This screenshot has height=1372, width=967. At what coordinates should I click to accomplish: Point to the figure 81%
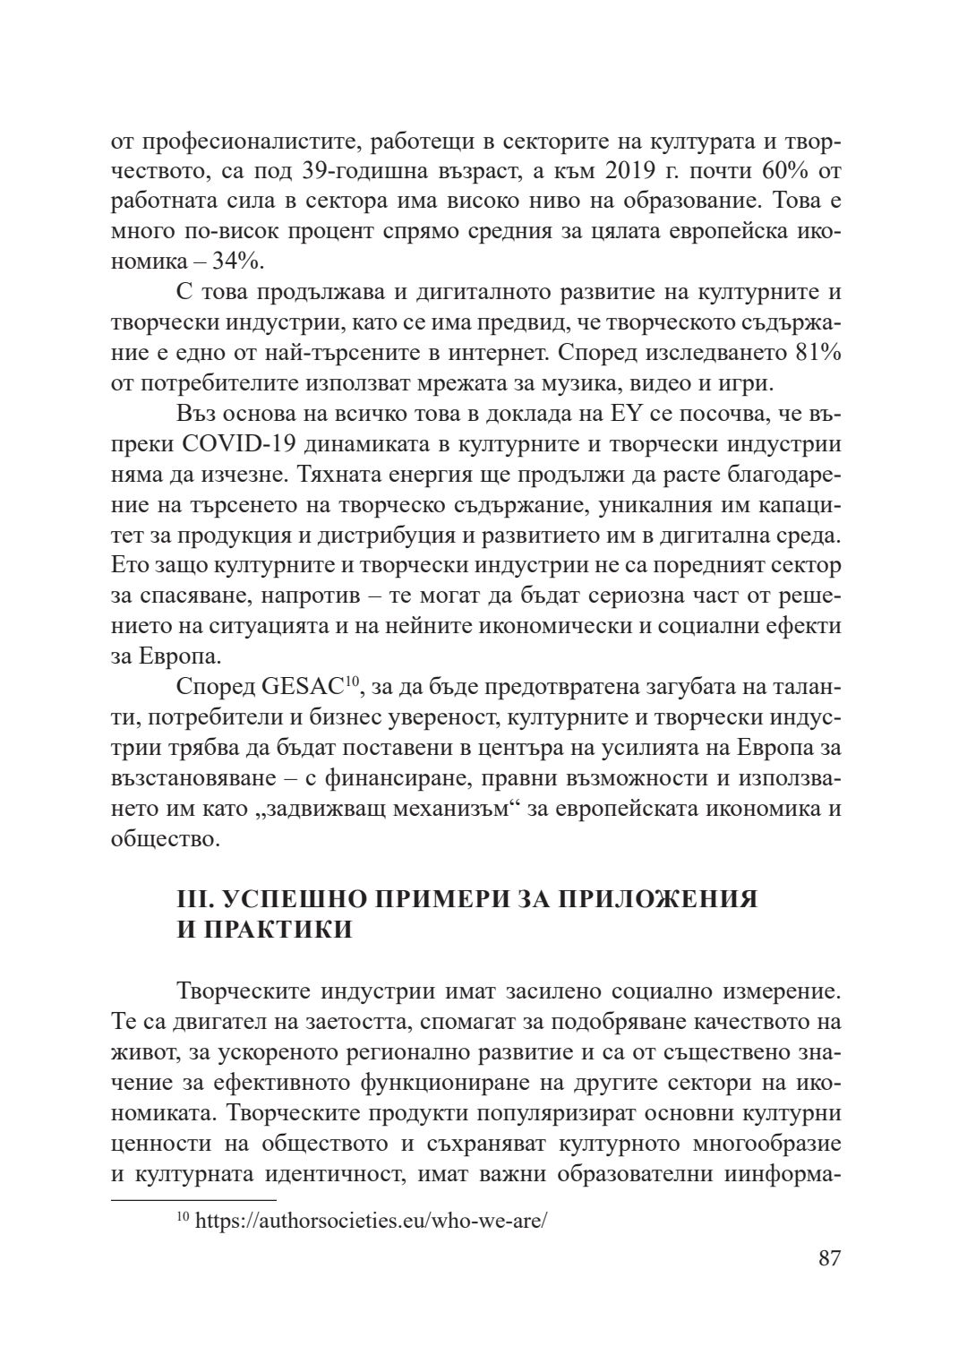click(x=817, y=353)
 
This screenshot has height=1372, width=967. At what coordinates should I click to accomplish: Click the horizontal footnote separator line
click(x=193, y=1198)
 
